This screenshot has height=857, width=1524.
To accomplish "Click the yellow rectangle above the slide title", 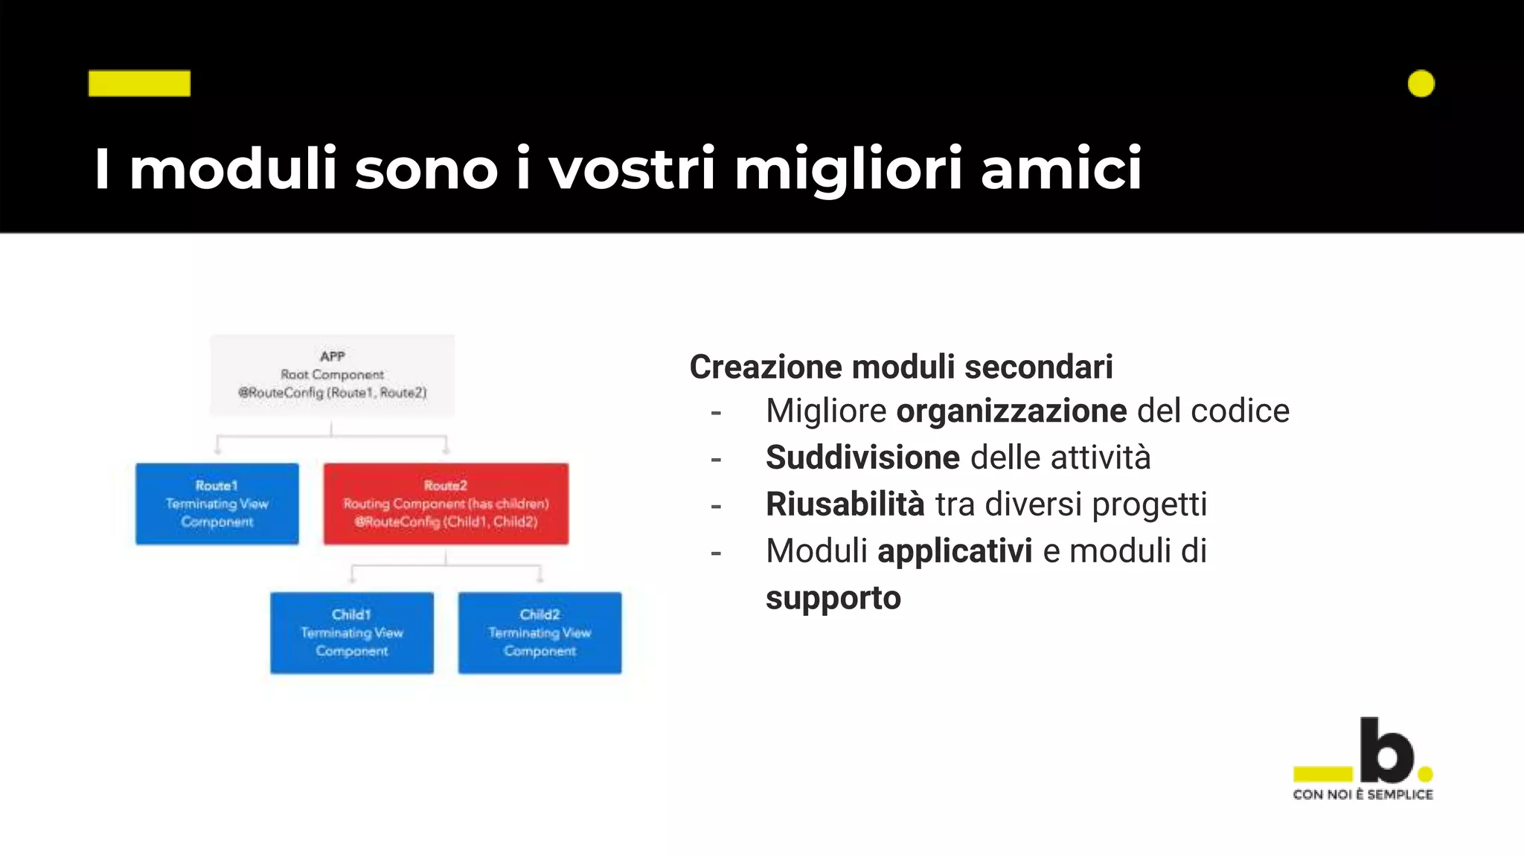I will [139, 83].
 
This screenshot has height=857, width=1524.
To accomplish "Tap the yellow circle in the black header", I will [1421, 83].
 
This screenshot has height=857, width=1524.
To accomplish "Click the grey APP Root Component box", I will [332, 375].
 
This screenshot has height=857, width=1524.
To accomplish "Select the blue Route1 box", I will [217, 504].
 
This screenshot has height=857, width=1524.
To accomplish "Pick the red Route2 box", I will [446, 504].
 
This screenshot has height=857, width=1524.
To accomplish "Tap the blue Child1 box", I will [352, 632].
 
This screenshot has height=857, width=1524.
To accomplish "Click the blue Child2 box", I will [540, 632].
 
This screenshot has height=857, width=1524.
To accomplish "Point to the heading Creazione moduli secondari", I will [901, 367].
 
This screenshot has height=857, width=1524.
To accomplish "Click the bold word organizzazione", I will [1011, 411].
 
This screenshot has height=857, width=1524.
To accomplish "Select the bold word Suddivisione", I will [862, 458].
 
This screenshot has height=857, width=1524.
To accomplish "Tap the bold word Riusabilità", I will [845, 504].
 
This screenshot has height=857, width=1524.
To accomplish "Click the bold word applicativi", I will [955, 551].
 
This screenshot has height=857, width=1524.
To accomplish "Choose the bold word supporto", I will [833, 599].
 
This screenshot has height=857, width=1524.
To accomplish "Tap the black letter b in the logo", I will [1386, 750].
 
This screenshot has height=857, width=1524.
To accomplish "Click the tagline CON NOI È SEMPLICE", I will [1363, 795].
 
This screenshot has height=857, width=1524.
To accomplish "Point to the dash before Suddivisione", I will [716, 460].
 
